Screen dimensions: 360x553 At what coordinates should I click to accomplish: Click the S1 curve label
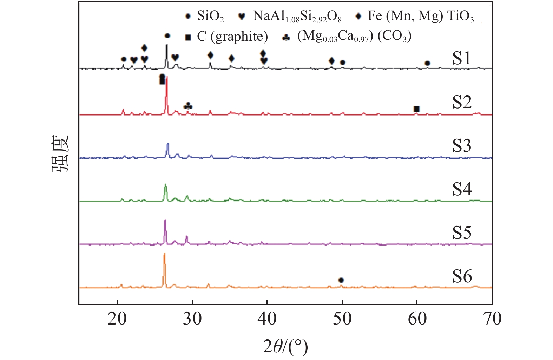click(461, 58)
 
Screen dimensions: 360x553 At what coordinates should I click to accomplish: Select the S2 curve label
click(461, 102)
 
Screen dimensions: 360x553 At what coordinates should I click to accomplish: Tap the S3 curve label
click(461, 145)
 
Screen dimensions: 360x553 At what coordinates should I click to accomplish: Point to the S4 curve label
click(461, 189)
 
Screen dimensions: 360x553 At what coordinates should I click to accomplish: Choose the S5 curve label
click(461, 233)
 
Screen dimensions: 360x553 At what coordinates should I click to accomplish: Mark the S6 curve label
click(461, 276)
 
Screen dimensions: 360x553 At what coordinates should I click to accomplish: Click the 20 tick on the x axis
click(117, 319)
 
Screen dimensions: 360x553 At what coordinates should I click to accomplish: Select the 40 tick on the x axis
click(267, 319)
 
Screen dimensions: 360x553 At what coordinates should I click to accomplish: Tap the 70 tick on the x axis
click(492, 319)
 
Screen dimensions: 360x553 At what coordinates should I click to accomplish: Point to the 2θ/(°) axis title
click(285, 347)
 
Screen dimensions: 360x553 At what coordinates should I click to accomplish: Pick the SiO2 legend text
click(210, 16)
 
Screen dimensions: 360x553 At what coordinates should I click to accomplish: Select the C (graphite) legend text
click(232, 37)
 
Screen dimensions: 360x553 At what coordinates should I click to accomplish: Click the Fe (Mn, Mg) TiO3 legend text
click(421, 16)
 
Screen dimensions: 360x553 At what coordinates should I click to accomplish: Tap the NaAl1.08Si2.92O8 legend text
click(297, 16)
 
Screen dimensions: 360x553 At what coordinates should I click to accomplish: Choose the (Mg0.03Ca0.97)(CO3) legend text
click(354, 37)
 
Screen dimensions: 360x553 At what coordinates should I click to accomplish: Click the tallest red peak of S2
click(166, 78)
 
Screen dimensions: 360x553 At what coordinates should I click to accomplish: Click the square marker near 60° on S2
click(416, 109)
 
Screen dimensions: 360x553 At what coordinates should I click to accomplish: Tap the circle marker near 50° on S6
click(341, 280)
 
